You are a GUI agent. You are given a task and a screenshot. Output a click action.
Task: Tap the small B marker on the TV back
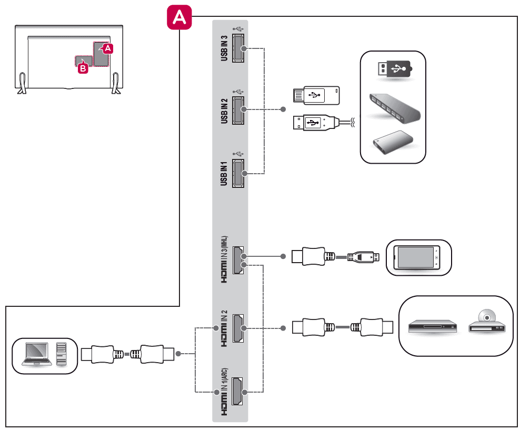click(82, 68)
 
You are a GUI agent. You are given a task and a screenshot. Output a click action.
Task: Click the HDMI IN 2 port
click(238, 328)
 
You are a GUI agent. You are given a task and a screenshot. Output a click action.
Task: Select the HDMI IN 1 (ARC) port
click(238, 392)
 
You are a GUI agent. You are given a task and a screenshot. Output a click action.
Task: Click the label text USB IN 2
click(225, 111)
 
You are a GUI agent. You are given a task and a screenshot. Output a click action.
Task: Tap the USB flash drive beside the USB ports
click(315, 96)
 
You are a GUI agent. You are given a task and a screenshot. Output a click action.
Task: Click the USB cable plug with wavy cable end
click(314, 123)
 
